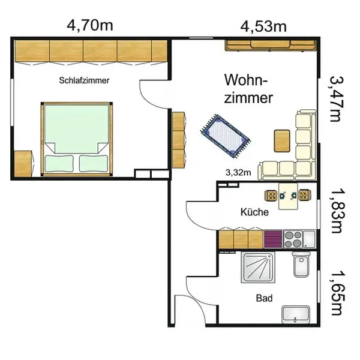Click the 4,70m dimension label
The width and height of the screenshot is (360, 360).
point(90,25)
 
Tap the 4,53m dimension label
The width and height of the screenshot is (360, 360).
point(263,26)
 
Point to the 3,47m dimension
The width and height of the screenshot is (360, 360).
point(337,99)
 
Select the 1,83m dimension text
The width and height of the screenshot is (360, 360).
point(338,211)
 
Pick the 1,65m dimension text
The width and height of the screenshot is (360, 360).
point(338,293)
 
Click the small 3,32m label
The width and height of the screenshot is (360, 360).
point(238,172)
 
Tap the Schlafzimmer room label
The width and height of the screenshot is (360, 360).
point(84,80)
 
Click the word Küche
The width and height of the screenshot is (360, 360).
point(254,212)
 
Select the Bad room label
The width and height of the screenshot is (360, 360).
point(264,298)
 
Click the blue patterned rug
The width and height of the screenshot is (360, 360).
point(225,136)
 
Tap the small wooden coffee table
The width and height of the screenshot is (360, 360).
point(282,141)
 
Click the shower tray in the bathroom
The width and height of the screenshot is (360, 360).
point(258,267)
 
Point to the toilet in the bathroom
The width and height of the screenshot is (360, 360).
point(301,265)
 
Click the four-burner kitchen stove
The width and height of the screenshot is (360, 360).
point(293,239)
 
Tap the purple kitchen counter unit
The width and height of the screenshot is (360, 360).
point(273,239)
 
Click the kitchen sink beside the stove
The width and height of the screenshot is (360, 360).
point(309,239)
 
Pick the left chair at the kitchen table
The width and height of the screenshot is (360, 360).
point(272,196)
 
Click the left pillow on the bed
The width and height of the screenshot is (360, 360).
point(59,163)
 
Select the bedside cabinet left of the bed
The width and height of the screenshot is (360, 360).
point(23,164)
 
